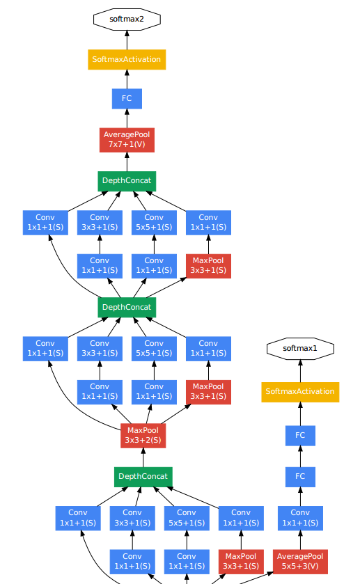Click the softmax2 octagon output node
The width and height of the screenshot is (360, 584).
(x=127, y=19)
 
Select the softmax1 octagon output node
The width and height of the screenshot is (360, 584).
(x=300, y=347)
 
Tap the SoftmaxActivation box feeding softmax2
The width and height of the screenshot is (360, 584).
(x=127, y=59)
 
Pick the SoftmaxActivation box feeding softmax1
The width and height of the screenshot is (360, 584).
(x=300, y=391)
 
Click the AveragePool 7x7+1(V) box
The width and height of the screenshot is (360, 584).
(x=127, y=139)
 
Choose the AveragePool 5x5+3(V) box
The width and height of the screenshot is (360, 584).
(x=300, y=562)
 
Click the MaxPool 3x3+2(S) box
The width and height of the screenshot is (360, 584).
(x=143, y=435)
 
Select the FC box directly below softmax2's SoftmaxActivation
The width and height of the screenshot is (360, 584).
(x=127, y=98)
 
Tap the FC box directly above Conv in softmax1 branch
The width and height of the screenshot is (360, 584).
(x=300, y=476)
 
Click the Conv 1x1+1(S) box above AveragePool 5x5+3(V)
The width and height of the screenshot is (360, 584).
(x=300, y=518)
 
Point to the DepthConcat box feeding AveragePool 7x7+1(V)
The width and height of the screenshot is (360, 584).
(x=127, y=181)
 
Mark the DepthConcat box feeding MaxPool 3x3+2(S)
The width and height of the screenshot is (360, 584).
(x=143, y=477)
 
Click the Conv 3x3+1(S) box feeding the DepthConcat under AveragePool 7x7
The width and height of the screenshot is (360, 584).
(x=100, y=223)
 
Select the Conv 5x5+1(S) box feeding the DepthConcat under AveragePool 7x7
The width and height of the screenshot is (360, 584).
(x=154, y=223)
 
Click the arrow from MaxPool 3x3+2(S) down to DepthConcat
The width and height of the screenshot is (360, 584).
(x=143, y=457)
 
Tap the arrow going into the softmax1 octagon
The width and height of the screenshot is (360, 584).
(x=300, y=370)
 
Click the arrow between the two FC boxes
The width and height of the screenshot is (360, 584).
(x=300, y=456)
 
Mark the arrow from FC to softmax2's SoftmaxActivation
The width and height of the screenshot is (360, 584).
(x=127, y=78)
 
